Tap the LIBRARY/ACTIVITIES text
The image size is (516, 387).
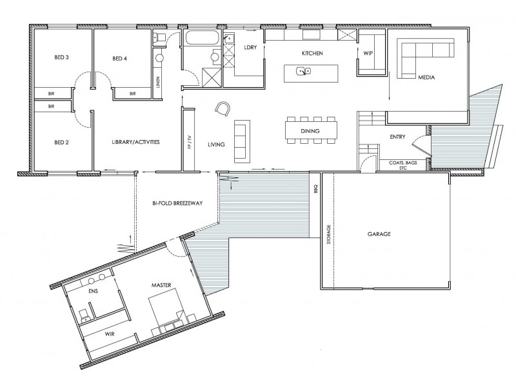click(x=135, y=142)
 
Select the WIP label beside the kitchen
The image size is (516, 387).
click(x=369, y=53)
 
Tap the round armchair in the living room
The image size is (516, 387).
click(x=223, y=108)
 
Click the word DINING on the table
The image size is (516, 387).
click(x=310, y=132)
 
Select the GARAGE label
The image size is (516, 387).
click(x=381, y=235)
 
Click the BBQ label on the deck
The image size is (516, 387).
click(x=316, y=189)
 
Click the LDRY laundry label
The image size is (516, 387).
click(x=251, y=47)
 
